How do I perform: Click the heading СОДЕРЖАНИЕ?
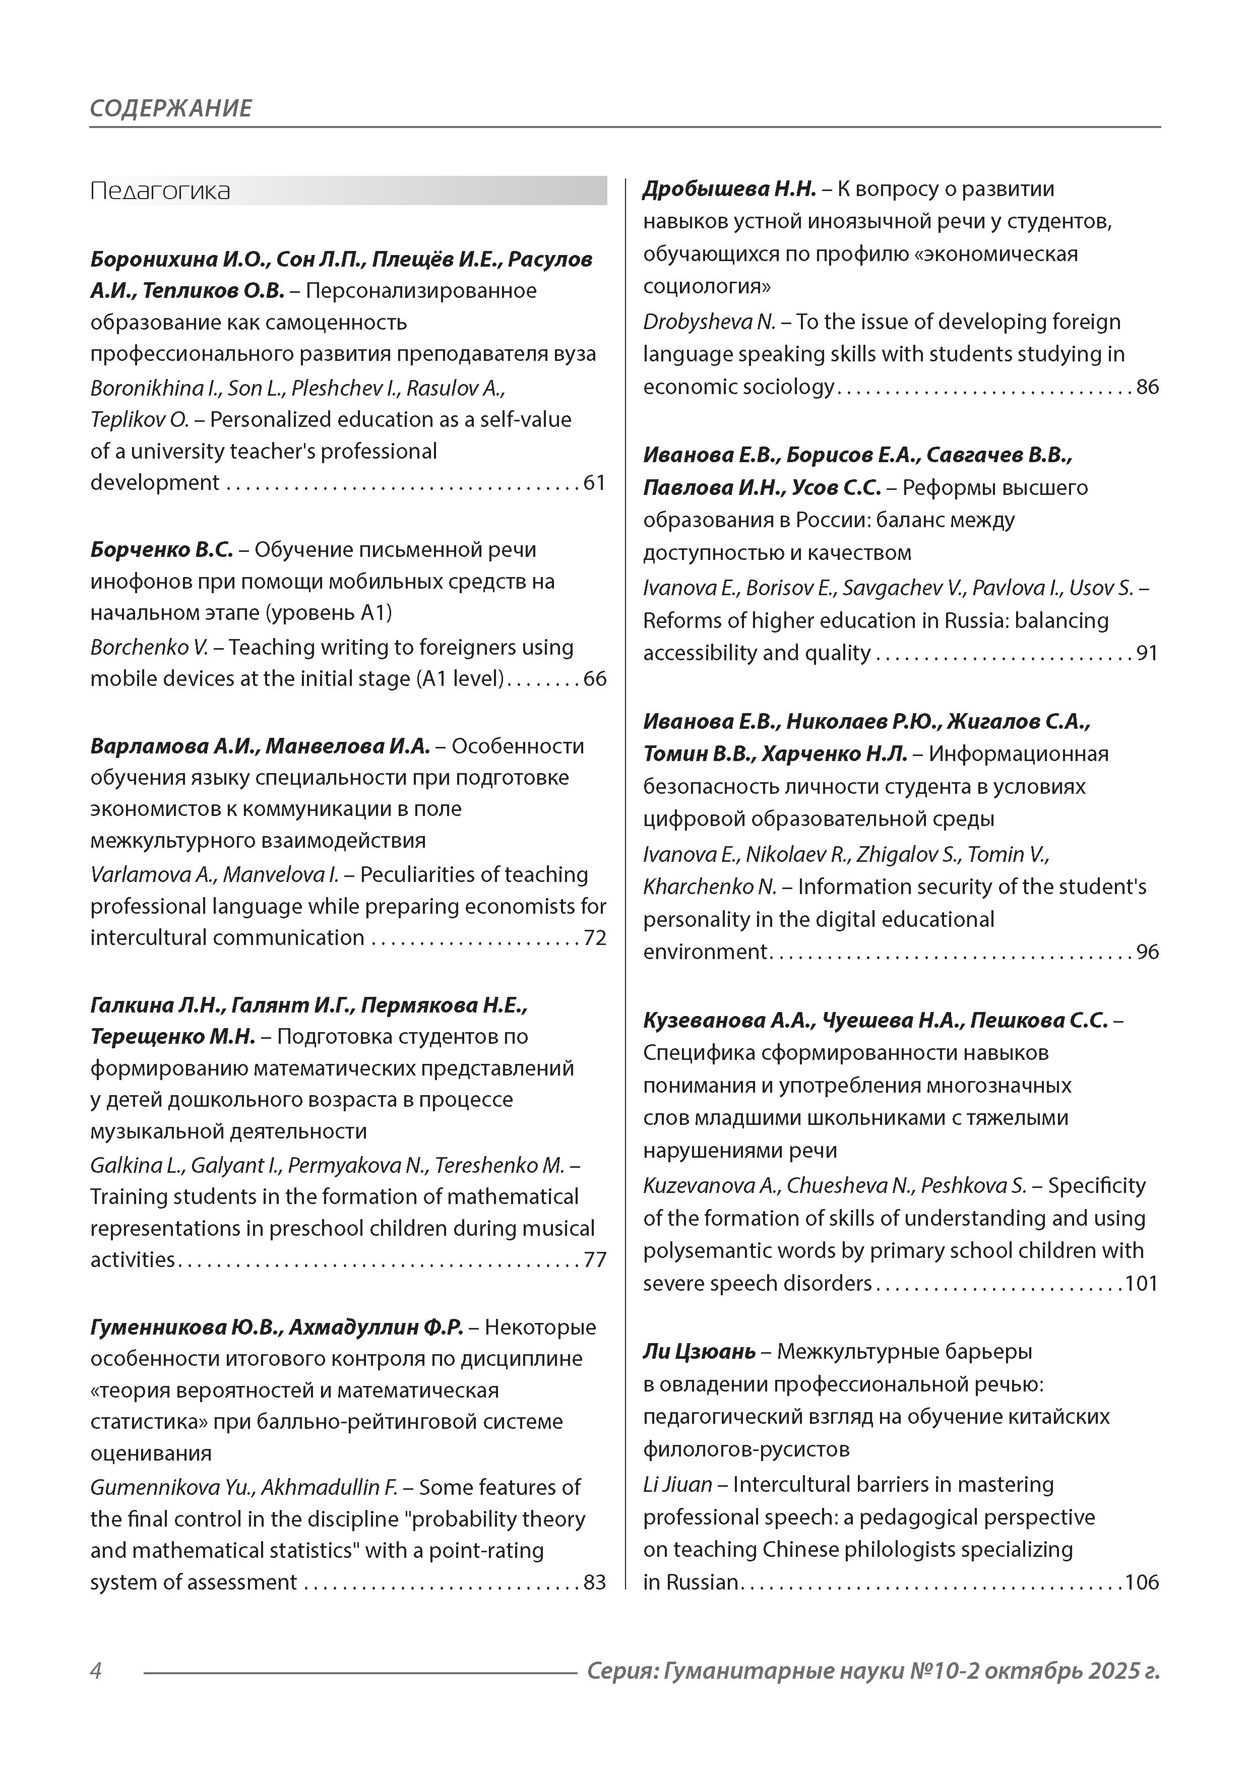point(170,108)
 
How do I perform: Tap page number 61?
point(595,483)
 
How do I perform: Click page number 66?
point(595,679)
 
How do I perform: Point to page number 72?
point(595,938)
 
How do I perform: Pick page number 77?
point(595,1260)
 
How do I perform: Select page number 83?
point(595,1583)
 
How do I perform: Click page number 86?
point(1148,387)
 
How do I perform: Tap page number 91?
point(1148,653)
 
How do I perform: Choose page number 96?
point(1148,952)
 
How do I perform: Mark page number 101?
point(1142,1284)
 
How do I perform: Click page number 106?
point(1142,1583)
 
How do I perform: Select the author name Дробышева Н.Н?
point(729,188)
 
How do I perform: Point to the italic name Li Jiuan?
point(678,1485)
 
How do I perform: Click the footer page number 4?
point(96,1671)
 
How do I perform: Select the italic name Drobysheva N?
point(709,322)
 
